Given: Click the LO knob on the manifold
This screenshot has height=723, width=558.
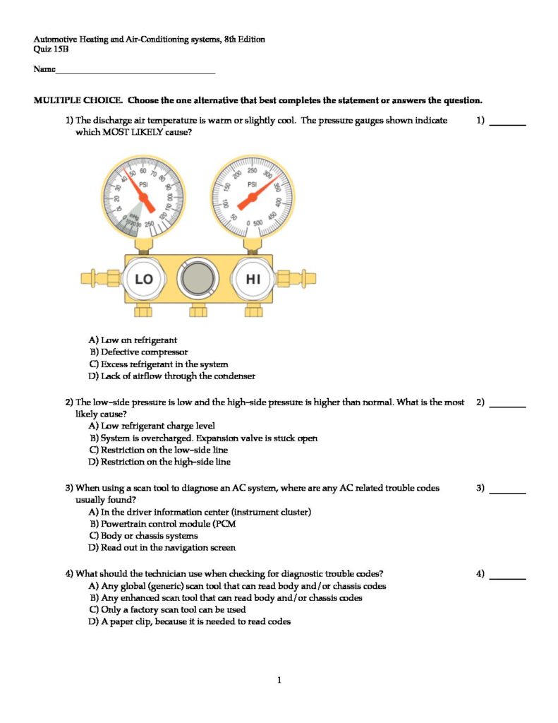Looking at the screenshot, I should [144, 279].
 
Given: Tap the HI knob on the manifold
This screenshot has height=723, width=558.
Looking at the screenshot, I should [253, 279].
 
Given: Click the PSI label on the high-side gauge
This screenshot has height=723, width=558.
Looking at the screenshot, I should [252, 184].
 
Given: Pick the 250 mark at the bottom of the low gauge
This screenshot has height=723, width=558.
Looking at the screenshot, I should [149, 224].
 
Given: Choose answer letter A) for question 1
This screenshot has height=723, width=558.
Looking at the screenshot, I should [93, 340].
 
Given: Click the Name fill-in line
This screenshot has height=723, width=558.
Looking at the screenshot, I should [134, 71].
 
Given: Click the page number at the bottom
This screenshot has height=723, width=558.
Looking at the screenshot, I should [279, 681].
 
